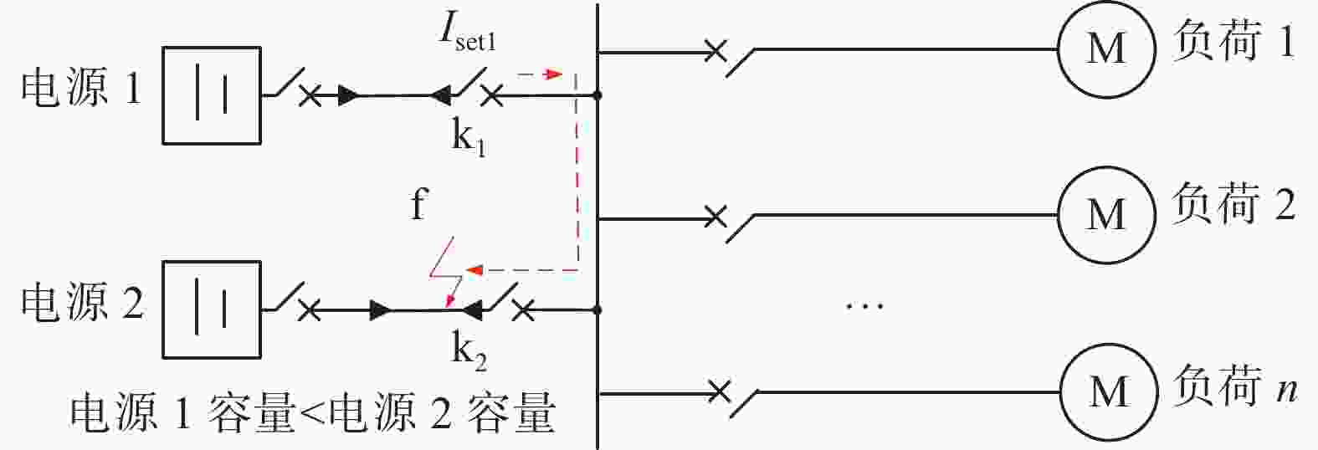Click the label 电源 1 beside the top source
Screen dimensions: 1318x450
[82, 88]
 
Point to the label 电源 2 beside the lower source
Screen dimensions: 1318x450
[82, 302]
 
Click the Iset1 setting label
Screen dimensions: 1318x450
[468, 33]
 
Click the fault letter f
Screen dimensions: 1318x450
[418, 204]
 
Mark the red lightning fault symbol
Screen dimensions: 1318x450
[445, 273]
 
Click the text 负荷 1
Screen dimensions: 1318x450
[1233, 41]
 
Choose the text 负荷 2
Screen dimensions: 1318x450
[1233, 203]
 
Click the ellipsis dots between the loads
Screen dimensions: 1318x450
[864, 305]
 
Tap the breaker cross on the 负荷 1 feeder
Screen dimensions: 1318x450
[715, 51]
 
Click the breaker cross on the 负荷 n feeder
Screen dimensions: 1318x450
[719, 391]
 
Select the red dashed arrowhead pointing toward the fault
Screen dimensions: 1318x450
[474, 271]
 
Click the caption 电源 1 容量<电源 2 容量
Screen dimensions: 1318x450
[312, 412]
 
